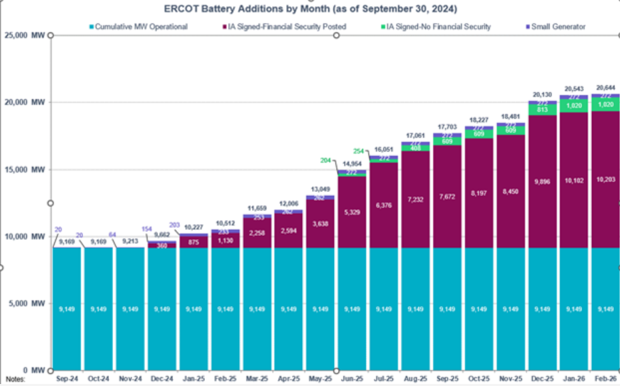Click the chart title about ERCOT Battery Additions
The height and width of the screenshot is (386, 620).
(x=310, y=9)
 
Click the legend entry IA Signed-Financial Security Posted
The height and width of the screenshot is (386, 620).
(x=293, y=27)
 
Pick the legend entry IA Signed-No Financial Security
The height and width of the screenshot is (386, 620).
(x=438, y=27)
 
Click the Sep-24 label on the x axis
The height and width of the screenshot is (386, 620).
(x=67, y=379)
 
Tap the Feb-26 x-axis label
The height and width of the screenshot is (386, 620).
(x=603, y=379)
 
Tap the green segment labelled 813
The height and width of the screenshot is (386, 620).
(x=540, y=110)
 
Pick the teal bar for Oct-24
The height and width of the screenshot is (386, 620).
(x=98, y=309)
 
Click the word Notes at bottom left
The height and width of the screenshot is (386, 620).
(x=15, y=379)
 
